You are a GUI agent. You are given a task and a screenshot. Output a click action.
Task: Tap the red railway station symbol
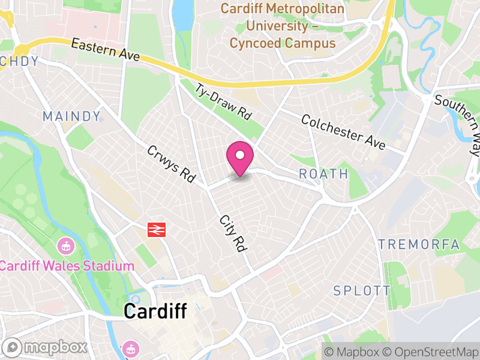click(157, 229)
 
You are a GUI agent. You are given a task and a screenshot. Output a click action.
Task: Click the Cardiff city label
click(155, 311)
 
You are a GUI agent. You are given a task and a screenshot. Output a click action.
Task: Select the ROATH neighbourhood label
click(323, 174)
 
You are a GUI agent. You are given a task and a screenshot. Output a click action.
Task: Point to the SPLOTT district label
click(362, 291)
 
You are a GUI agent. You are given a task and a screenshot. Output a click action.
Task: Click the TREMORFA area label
click(419, 244)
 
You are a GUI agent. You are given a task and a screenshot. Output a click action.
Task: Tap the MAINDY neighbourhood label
click(71, 116)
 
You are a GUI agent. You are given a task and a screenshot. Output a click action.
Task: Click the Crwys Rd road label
click(172, 164)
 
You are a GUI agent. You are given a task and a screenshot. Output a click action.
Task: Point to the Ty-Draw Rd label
click(223, 100)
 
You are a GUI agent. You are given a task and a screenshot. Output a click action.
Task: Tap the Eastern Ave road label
click(105, 50)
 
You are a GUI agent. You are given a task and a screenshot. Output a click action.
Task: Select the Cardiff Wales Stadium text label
click(67, 266)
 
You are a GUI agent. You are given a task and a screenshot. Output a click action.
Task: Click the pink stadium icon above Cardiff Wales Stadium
click(65, 246)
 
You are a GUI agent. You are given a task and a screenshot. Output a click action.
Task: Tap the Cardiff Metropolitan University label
click(283, 26)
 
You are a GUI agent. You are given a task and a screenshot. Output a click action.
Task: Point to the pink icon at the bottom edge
click(130, 349)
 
